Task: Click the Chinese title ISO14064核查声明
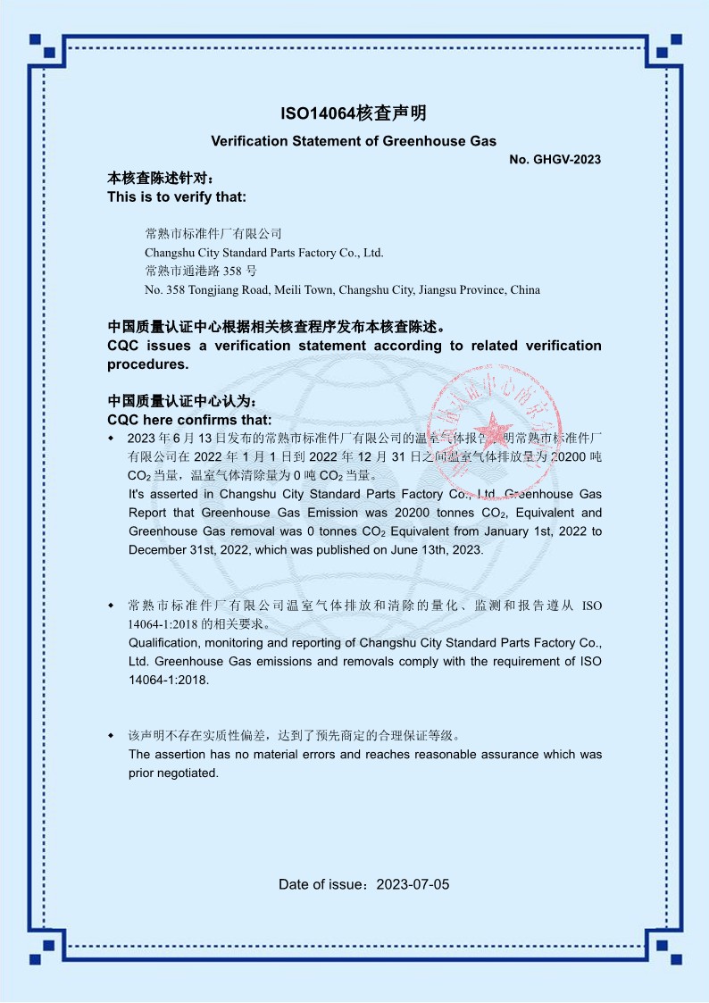[x=354, y=113]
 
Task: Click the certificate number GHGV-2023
[x=567, y=160]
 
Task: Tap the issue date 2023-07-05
[x=413, y=885]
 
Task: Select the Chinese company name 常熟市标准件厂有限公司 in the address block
[x=213, y=234]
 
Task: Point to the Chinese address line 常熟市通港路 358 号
[x=200, y=271]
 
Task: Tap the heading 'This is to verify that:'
[x=177, y=196]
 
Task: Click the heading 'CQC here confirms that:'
[x=189, y=420]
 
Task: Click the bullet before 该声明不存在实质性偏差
[x=111, y=737]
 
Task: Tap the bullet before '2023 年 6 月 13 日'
[x=111, y=439]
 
